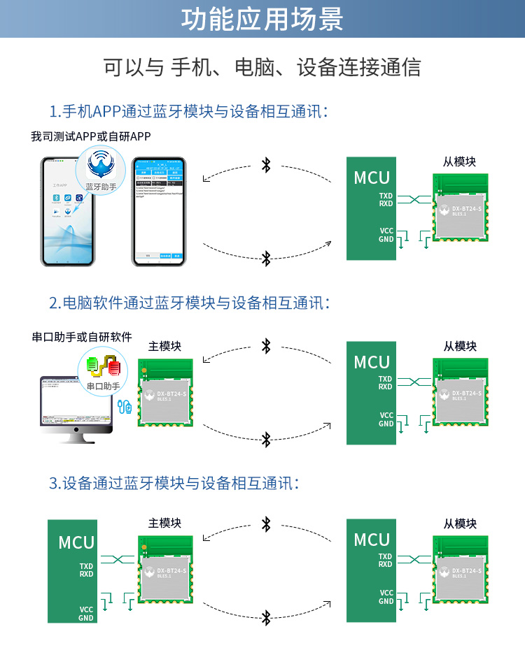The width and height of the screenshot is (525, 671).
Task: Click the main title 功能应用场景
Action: pos(262,20)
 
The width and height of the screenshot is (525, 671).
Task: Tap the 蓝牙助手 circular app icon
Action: pos(102,170)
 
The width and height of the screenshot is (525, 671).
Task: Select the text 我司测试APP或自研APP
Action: pos(90,136)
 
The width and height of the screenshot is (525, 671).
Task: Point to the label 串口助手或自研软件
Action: pos(82,337)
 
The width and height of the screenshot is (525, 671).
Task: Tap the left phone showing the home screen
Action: pos(68,211)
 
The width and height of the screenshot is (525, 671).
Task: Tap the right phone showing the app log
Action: pos(159,211)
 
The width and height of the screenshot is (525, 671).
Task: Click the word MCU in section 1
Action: pos(372,178)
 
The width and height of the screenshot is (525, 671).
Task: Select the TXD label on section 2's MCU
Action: pos(386,380)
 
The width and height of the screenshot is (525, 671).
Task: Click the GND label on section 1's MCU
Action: pos(386,239)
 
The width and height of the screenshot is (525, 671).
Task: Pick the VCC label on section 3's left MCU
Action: pos(86,609)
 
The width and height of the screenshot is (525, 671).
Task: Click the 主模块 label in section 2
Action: pos(164,346)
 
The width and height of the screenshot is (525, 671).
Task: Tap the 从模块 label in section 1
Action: pos(459,161)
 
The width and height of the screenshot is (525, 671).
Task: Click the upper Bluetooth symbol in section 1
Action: pos(266,165)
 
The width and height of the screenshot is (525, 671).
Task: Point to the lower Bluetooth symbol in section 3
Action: pos(266,617)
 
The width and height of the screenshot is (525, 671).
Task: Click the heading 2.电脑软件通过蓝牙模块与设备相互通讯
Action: pos(190,303)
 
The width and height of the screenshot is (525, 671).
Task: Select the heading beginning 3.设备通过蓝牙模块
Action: pos(175,483)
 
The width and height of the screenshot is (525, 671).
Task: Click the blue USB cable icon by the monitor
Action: pos(126,406)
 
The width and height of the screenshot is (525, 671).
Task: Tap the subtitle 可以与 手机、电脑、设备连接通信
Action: pos(262,68)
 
